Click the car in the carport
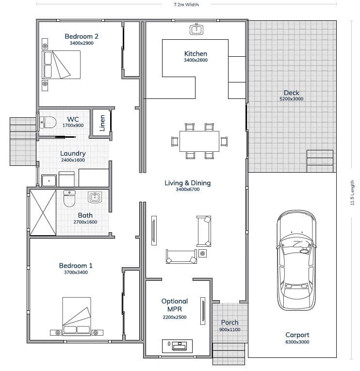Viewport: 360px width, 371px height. click(296, 260)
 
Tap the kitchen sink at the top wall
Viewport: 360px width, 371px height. click(196, 29)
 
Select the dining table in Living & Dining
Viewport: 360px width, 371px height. click(199, 141)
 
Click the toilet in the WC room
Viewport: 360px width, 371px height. click(48, 122)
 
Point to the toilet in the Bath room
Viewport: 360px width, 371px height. click(69, 198)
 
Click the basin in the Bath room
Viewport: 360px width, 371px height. click(95, 197)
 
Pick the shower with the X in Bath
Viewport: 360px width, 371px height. click(43, 212)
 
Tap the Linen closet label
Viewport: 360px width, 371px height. click(102, 123)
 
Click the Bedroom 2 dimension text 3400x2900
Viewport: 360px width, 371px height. click(82, 43)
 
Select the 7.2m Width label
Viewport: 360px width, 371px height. click(186, 4)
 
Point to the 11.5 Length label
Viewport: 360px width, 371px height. click(352, 193)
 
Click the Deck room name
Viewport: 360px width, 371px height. click(292, 93)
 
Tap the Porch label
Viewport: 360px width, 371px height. click(229, 323)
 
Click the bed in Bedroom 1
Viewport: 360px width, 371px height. click(77, 316)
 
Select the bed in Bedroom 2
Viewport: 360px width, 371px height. click(61, 65)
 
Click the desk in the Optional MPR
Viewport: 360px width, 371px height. click(177, 346)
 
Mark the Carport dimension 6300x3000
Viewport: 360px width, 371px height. click(297, 342)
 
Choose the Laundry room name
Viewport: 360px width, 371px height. click(73, 153)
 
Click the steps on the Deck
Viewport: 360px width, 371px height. click(320, 161)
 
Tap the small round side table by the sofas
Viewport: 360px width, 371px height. click(202, 254)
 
